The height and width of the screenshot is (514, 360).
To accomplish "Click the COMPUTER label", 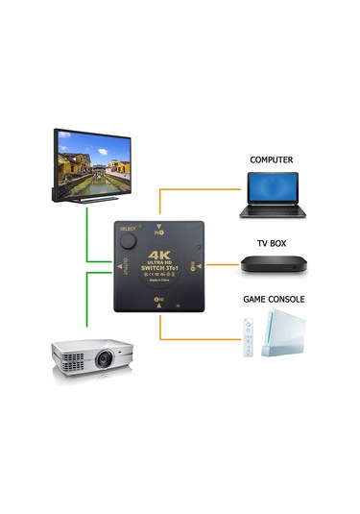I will tap(271, 159).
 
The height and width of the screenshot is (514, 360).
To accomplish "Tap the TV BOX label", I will tap(271, 244).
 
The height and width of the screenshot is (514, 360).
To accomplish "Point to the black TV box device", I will tap(271, 268).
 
